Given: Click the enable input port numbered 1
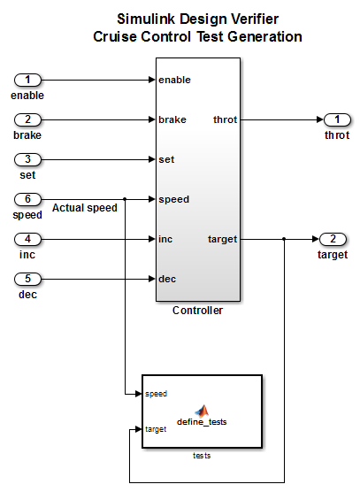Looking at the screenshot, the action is (x=27, y=80).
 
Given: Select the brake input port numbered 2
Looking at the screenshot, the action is (x=27, y=119).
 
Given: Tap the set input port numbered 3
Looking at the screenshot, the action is (x=27, y=159).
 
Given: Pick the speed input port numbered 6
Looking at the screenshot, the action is (x=27, y=199).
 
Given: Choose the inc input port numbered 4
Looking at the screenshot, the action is (x=27, y=239).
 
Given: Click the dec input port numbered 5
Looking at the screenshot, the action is (x=27, y=279).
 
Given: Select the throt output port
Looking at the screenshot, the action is (x=337, y=119).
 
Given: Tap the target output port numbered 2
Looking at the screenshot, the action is (x=333, y=239).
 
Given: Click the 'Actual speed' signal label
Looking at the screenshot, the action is (x=85, y=208).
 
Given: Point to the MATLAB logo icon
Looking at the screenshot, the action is (x=202, y=411).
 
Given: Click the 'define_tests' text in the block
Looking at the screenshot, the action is (x=202, y=422).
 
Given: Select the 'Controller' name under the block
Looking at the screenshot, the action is (x=197, y=311).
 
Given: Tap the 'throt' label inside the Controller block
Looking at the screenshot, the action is (x=226, y=119).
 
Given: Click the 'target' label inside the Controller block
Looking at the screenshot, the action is (x=222, y=240).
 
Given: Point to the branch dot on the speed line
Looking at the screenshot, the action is (x=125, y=199).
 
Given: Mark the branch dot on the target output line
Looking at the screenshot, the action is (x=284, y=239).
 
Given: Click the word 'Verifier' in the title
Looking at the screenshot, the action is (x=255, y=19).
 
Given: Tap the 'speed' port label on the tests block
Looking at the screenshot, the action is (x=157, y=394).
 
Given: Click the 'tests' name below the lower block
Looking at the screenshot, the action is (x=202, y=456).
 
